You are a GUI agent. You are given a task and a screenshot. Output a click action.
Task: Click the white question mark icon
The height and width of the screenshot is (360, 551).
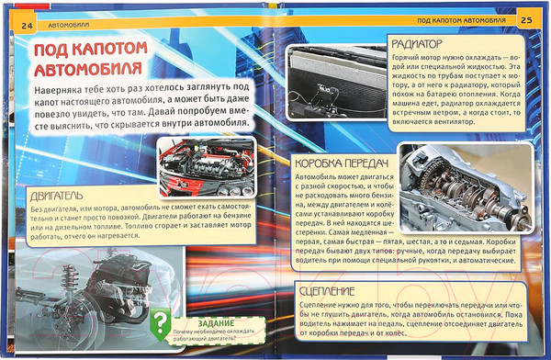click(x=162, y=321)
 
